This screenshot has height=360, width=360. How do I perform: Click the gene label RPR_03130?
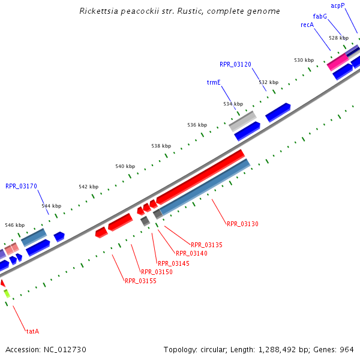[242, 224]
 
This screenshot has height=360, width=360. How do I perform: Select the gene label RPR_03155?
[140, 280]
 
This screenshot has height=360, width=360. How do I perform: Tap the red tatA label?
[32, 331]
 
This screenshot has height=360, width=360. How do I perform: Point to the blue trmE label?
[214, 82]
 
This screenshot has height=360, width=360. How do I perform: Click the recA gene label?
[307, 25]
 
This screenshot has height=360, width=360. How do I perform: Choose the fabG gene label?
[320, 16]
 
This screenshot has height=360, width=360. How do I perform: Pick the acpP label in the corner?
[338, 5]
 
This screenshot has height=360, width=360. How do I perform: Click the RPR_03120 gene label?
[235, 64]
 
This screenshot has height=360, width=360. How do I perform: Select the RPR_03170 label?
[21, 186]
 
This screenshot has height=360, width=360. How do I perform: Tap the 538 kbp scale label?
[161, 146]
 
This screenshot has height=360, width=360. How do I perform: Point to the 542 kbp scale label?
[88, 187]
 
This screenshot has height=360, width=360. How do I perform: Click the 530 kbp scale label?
[304, 60]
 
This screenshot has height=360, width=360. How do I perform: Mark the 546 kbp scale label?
[14, 225]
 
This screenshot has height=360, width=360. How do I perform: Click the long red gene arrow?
[200, 176]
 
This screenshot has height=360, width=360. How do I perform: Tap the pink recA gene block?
[338, 61]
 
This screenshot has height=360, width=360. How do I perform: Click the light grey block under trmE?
[242, 120]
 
